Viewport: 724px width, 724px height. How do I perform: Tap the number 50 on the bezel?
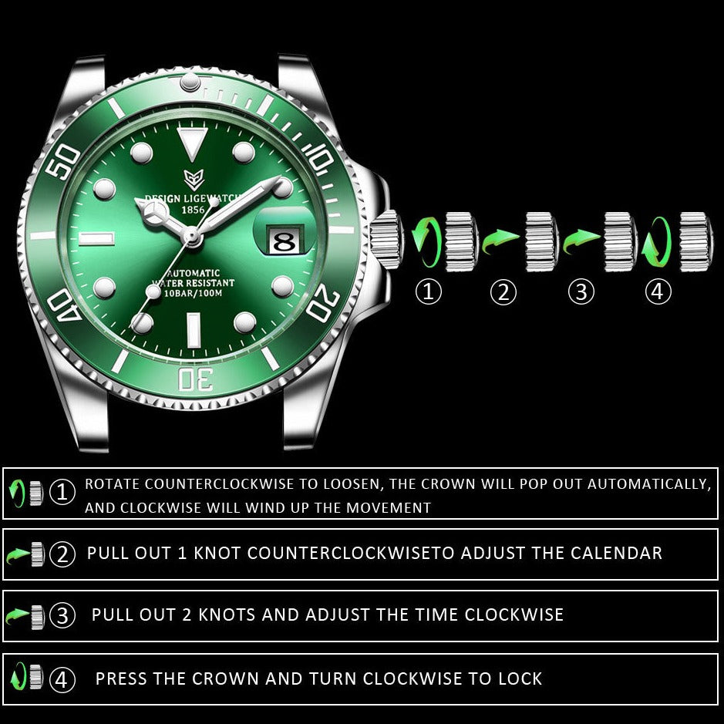pos(63,161)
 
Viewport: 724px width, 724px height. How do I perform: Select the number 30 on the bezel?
pos(196,379)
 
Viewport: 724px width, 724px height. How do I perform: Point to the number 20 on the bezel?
pos(323,302)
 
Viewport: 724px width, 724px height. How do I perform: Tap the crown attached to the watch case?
pos(387,239)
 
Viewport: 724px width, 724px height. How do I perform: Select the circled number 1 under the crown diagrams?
pos(429,291)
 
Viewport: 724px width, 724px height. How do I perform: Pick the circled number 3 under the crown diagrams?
pos(581,291)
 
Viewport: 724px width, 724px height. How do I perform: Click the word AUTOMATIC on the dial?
pos(194,274)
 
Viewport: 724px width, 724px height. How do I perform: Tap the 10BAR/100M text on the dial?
pos(193,293)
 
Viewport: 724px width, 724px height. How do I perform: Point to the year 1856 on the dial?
pos(193,210)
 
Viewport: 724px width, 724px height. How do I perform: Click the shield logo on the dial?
pos(194,179)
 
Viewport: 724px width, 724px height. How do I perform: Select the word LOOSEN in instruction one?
pos(351,484)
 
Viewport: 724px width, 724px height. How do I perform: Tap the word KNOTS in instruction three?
pos(226,615)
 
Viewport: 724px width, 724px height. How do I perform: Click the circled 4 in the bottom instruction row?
pos(62,680)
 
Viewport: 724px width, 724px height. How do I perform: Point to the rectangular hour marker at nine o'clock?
pos(96,239)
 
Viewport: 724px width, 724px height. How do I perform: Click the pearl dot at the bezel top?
pos(190,82)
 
